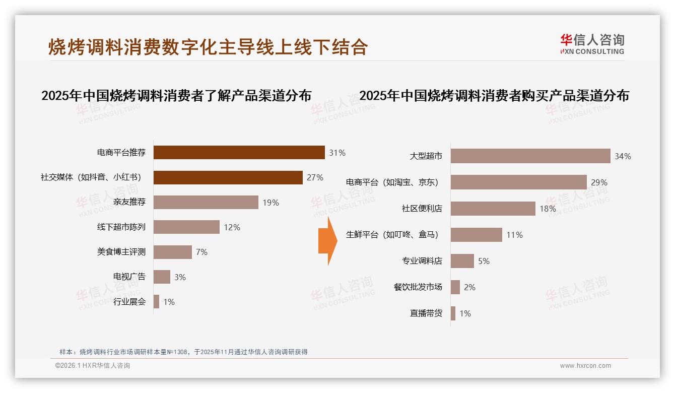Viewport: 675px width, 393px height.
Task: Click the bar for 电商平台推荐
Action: tap(239, 152)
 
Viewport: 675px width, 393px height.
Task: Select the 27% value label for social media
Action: tap(315, 177)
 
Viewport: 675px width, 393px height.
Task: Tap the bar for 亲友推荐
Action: tap(206, 202)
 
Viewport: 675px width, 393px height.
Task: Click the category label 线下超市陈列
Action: tap(121, 227)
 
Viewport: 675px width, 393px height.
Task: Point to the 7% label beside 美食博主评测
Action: tap(201, 252)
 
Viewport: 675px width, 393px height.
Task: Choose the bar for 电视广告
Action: tap(162, 277)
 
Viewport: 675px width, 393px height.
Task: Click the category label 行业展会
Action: tap(129, 302)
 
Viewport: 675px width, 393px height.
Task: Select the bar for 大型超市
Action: tap(530, 156)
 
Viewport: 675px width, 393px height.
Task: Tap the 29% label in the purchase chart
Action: tap(599, 182)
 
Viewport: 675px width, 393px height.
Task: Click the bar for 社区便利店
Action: tap(493, 209)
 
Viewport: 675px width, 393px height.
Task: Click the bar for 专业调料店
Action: tap(462, 261)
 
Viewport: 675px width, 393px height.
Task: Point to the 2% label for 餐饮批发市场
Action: tap(469, 287)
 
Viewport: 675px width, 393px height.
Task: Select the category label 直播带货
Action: tap(426, 313)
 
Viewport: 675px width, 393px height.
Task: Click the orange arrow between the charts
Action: tap(327, 240)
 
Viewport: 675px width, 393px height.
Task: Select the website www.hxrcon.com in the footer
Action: tap(585, 366)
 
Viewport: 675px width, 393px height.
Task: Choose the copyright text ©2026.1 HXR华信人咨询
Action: tap(92, 366)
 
